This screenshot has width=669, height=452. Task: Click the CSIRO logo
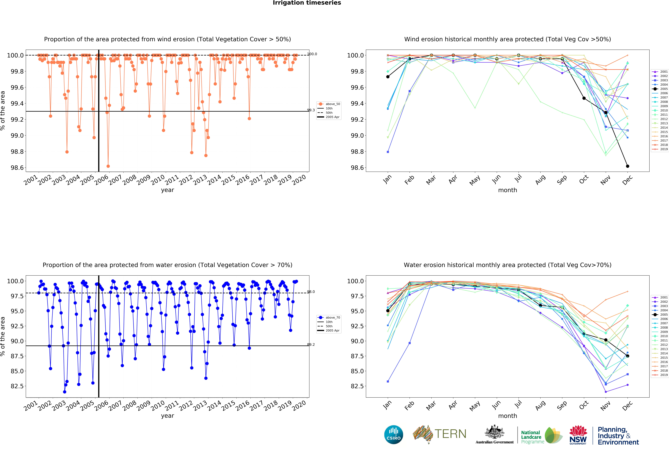point(393,434)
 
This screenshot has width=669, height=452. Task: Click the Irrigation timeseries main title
point(307,3)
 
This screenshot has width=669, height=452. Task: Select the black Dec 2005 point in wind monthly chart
point(628,166)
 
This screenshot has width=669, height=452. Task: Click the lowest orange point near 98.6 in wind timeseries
point(108,166)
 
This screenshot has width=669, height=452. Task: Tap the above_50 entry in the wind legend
point(332,104)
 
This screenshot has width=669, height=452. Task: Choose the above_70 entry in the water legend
point(332,318)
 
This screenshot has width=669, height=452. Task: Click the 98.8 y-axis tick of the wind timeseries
point(17,152)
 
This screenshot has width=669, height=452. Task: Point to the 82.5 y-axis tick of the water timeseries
point(17,386)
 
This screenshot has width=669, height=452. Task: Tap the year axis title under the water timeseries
point(168,416)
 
